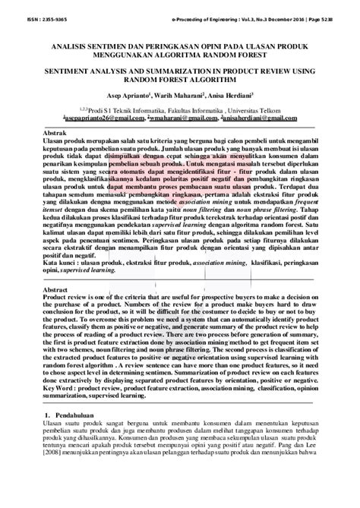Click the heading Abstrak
coord(54,132)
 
